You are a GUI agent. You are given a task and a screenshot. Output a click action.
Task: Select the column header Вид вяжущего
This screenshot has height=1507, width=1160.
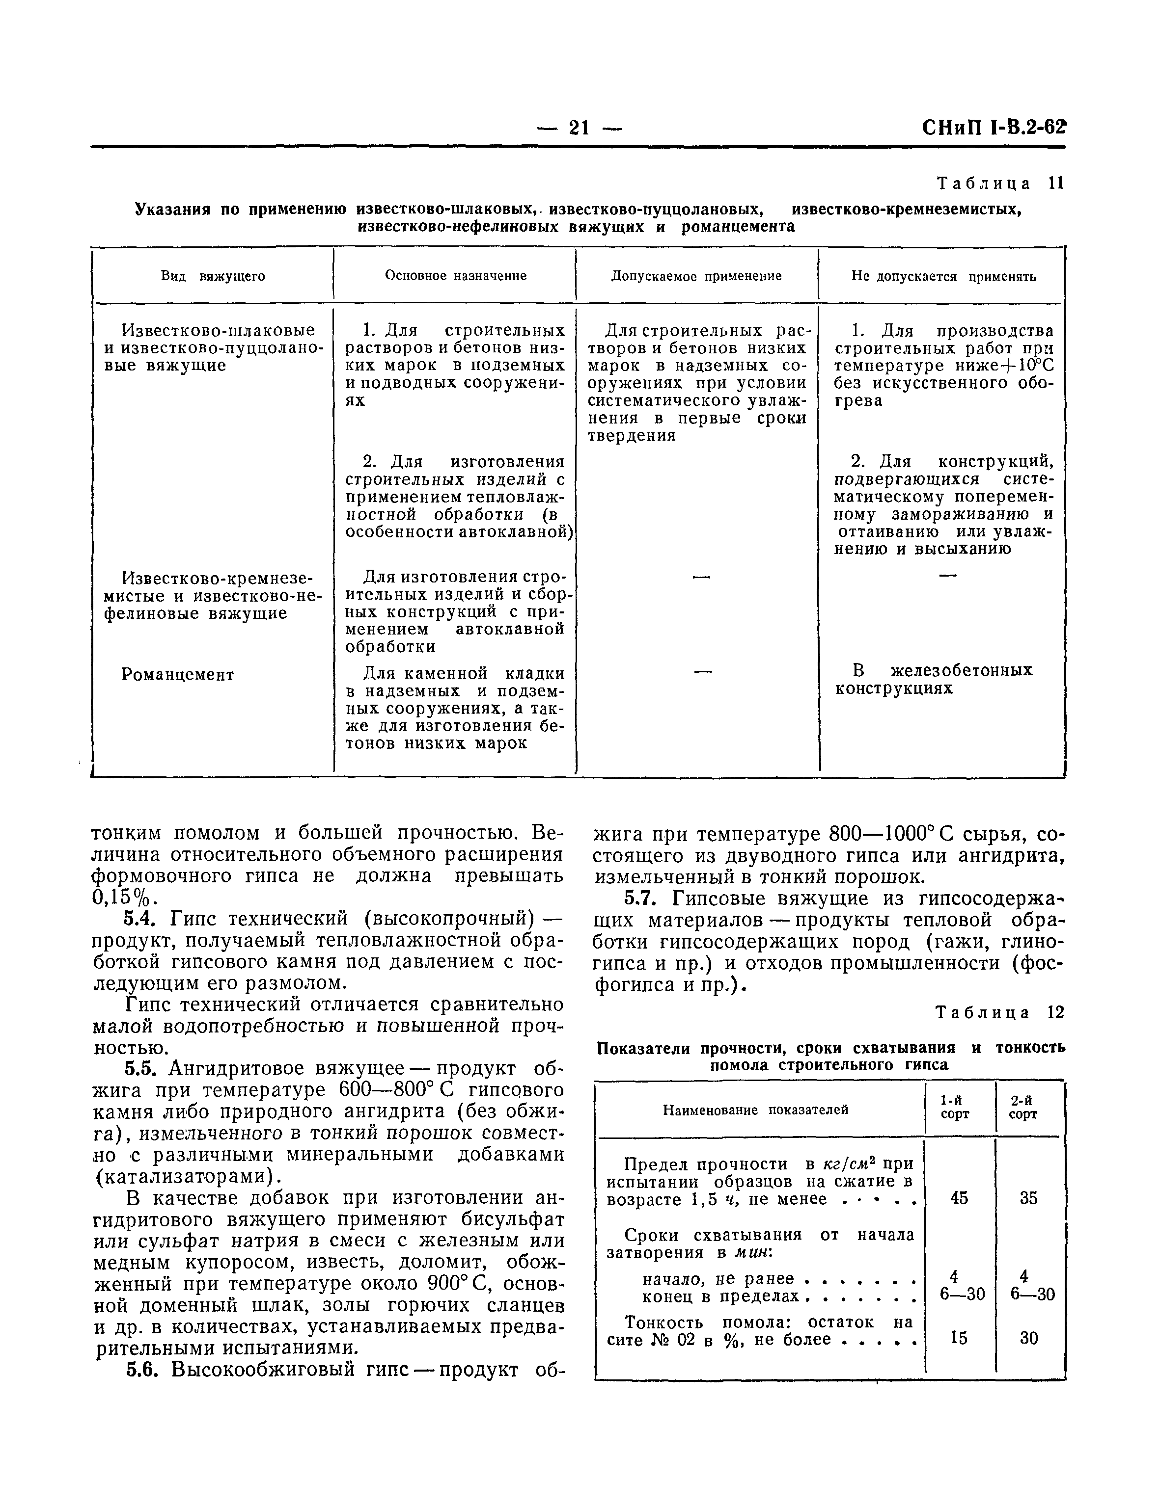pos(213,277)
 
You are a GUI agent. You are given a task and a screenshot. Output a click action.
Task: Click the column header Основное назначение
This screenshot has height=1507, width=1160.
pos(456,276)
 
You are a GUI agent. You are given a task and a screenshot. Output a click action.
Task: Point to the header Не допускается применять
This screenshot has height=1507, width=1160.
pos(943,277)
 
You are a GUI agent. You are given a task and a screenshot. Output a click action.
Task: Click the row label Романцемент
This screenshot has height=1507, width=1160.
pos(178,675)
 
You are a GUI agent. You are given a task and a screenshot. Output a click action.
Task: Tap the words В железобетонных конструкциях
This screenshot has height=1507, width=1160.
pos(934,680)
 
